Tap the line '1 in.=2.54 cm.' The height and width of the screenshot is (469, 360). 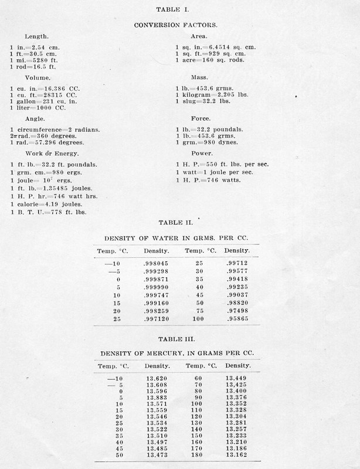[x=35, y=46]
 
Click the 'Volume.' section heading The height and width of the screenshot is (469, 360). [x=38, y=77]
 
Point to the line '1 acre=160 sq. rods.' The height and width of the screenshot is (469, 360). [x=210, y=60]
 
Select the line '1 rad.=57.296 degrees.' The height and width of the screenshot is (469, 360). [x=47, y=142]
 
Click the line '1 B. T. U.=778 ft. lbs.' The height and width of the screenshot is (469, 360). [x=48, y=212]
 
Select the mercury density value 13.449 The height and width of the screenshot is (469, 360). [x=237, y=378]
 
